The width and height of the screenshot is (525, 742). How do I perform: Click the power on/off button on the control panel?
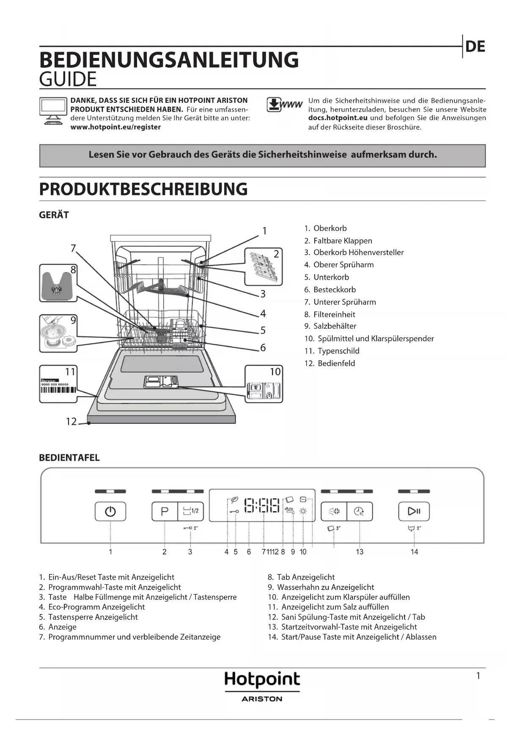click(x=110, y=511)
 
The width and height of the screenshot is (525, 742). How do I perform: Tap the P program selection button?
click(x=165, y=511)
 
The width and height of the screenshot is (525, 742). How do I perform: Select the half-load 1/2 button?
click(x=190, y=511)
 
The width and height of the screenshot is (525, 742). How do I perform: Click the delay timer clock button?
click(x=359, y=511)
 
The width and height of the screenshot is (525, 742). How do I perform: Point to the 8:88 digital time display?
click(x=262, y=506)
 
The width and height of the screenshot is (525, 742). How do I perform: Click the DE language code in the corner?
click(x=475, y=47)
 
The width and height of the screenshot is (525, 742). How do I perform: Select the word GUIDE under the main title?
click(x=68, y=80)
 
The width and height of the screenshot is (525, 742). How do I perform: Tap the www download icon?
click(x=284, y=105)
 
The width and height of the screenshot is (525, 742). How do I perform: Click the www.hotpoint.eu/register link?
click(x=115, y=127)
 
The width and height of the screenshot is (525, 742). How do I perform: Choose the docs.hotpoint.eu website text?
click(x=338, y=118)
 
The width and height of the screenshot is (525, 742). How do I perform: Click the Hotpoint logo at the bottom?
click(x=262, y=680)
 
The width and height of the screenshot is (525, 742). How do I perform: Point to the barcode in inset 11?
click(x=58, y=390)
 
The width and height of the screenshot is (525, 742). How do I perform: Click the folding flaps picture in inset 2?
click(x=263, y=267)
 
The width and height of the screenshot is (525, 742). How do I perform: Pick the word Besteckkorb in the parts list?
click(x=334, y=290)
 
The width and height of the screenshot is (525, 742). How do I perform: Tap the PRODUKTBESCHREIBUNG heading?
click(x=143, y=189)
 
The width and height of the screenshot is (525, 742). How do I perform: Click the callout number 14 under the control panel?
click(x=414, y=552)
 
